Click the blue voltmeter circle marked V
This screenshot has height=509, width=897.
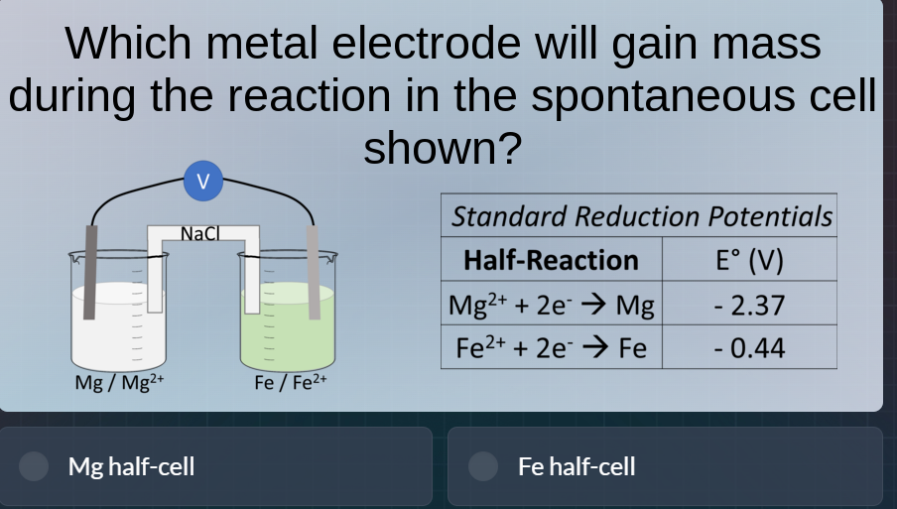coord(202,182)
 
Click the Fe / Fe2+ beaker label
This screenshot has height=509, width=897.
coord(290,382)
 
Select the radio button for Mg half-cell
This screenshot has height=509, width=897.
coord(36,466)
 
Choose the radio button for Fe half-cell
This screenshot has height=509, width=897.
coord(483,466)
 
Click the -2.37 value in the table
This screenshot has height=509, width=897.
coord(749,305)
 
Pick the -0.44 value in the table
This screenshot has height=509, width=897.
coord(749,348)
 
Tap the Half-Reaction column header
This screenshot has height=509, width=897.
coord(551,261)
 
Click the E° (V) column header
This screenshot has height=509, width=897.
coord(749,261)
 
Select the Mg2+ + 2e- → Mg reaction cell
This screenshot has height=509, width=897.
coord(551,305)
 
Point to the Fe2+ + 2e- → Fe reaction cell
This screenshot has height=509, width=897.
coord(551,348)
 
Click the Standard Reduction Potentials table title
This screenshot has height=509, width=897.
coord(641,216)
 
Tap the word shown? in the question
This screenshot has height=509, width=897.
coord(443,149)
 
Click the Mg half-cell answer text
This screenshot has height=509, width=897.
coord(131,466)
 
